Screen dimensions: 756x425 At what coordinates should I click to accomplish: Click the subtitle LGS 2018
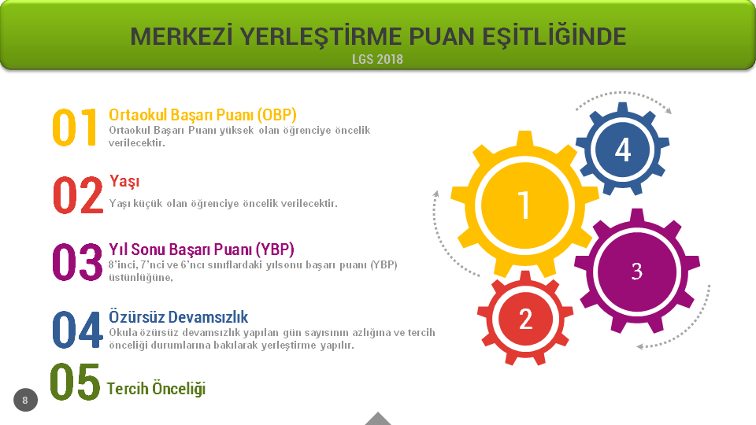[377, 59]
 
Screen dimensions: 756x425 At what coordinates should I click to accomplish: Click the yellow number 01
[75, 128]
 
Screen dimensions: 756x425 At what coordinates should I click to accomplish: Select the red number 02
[78, 194]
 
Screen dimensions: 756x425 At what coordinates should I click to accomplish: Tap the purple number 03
[77, 262]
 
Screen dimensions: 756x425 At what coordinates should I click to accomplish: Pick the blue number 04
[77, 330]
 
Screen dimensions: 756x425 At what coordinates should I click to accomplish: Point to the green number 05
[75, 382]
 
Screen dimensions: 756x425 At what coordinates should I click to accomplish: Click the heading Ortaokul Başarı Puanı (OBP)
[202, 115]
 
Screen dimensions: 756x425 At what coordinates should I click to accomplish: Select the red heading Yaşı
[124, 181]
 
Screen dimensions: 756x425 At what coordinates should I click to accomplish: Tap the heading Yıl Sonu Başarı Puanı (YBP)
[202, 249]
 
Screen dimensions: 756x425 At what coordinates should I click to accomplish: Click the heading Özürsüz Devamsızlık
[179, 316]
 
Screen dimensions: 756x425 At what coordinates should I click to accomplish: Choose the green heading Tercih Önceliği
[156, 388]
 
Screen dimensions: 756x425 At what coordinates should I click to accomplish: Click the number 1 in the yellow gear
[524, 205]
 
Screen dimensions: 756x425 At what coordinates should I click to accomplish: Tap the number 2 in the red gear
[525, 320]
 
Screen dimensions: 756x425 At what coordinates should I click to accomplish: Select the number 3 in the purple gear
[636, 272]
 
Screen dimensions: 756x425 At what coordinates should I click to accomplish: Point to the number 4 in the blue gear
[622, 150]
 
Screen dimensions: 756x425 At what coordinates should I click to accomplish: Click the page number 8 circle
[25, 400]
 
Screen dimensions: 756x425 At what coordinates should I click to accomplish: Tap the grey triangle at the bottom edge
[378, 419]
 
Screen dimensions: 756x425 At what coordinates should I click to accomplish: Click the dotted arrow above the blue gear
[624, 93]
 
